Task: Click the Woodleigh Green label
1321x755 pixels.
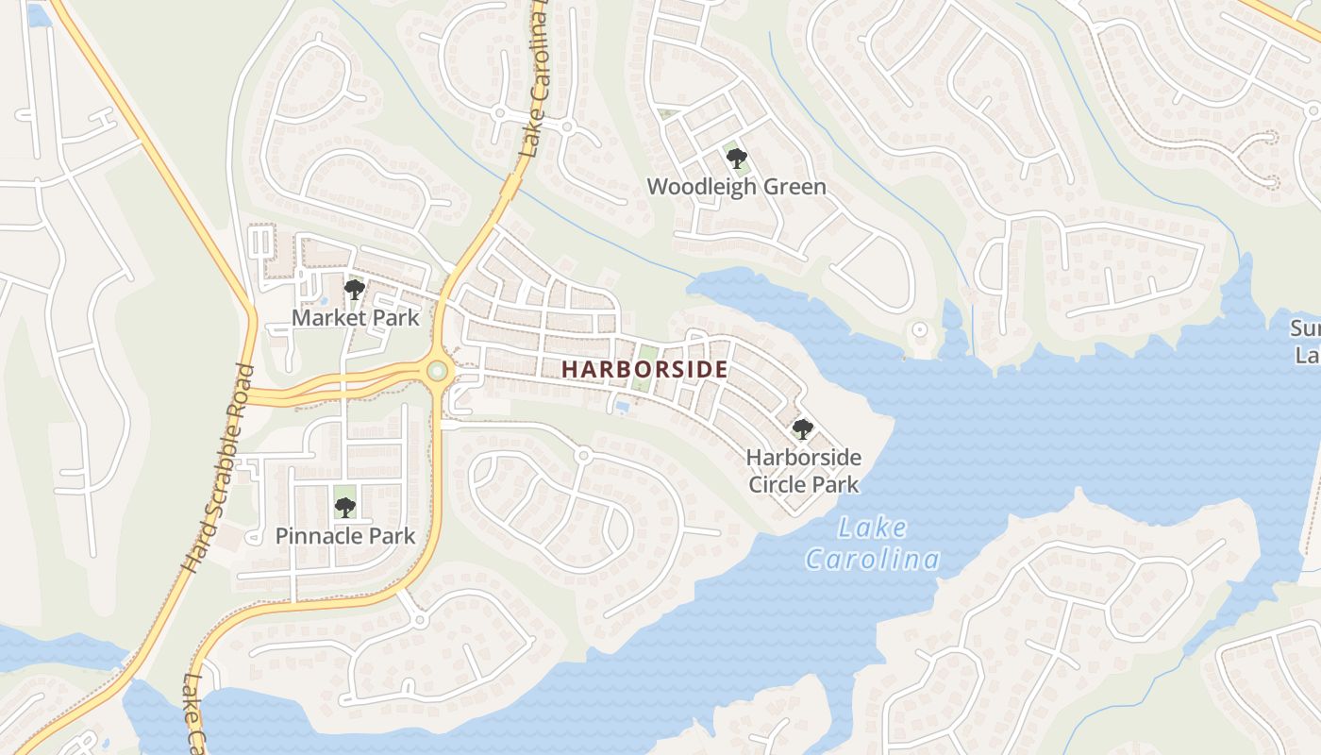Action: click(736, 187)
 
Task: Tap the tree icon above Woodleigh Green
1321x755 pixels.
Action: click(736, 158)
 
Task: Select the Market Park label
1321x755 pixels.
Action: click(355, 317)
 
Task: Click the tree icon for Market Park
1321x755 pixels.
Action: click(354, 290)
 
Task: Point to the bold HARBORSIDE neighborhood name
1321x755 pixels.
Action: click(644, 370)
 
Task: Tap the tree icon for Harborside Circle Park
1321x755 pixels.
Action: click(802, 429)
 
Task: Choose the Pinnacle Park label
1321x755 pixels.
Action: click(344, 536)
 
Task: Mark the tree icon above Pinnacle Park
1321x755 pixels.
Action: click(344, 508)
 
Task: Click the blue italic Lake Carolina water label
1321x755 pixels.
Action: click(872, 545)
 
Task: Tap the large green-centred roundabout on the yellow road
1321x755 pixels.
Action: click(437, 370)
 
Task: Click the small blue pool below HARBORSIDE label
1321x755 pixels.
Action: click(622, 406)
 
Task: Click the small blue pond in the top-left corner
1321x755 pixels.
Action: click(38, 15)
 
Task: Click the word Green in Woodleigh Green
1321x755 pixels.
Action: click(794, 187)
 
